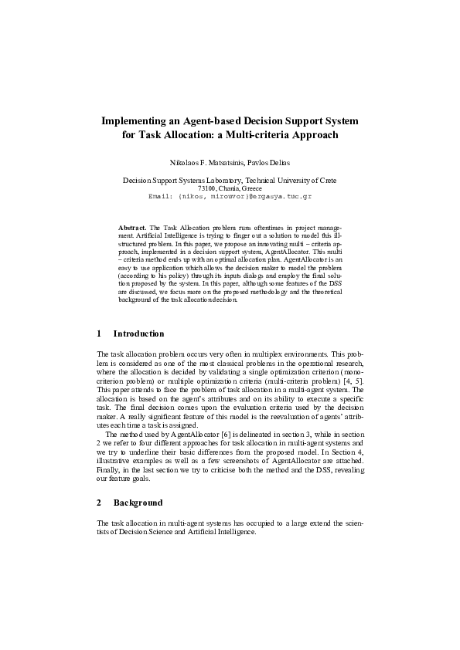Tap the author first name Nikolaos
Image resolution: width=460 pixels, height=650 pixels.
[186, 163]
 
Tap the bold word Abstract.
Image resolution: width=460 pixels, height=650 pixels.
[131, 229]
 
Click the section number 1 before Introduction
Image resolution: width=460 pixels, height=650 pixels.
[99, 333]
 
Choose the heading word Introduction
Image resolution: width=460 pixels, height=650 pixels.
[138, 333]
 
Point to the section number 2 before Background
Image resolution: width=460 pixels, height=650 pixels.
[99, 503]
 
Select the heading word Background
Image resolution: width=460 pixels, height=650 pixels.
[138, 503]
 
